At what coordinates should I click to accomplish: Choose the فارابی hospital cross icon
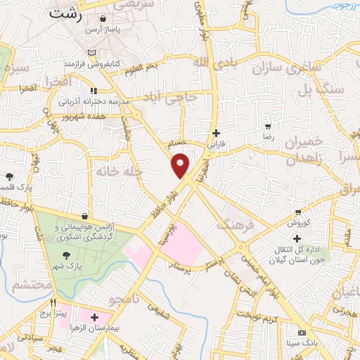216,133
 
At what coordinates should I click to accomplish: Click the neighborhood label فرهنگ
232,226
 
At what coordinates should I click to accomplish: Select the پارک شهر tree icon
66,256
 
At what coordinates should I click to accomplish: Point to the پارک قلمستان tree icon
8,176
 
